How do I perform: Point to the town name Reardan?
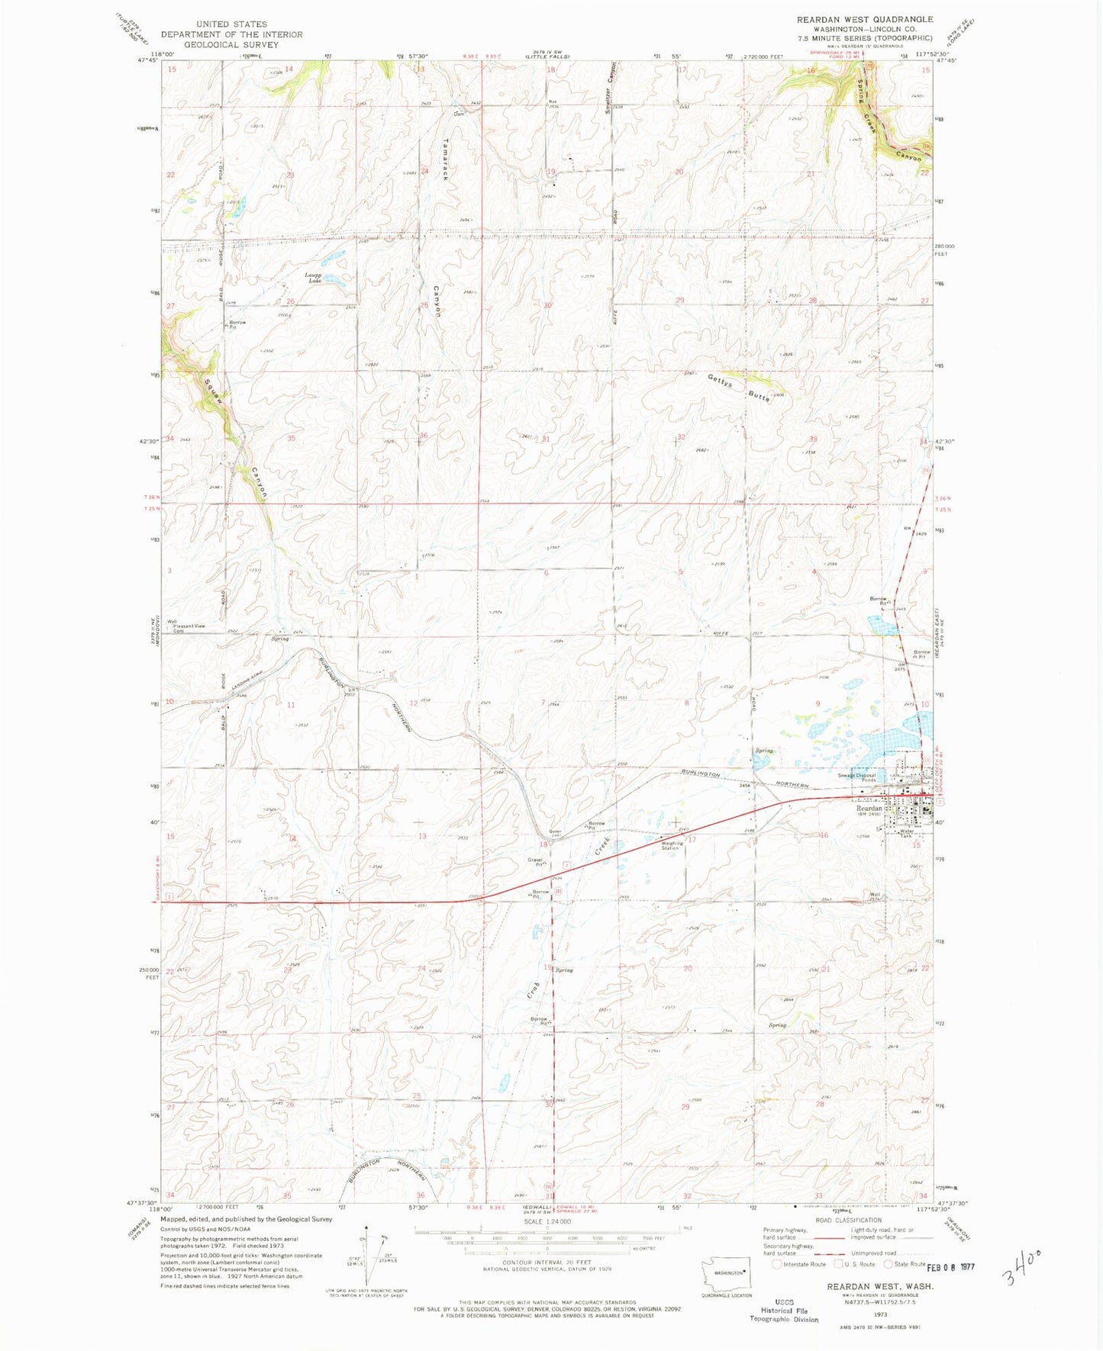[x=869, y=808]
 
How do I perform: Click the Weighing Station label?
[x=670, y=844]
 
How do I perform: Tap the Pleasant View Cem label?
[x=189, y=629]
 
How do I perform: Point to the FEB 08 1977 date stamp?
[x=950, y=1267]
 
